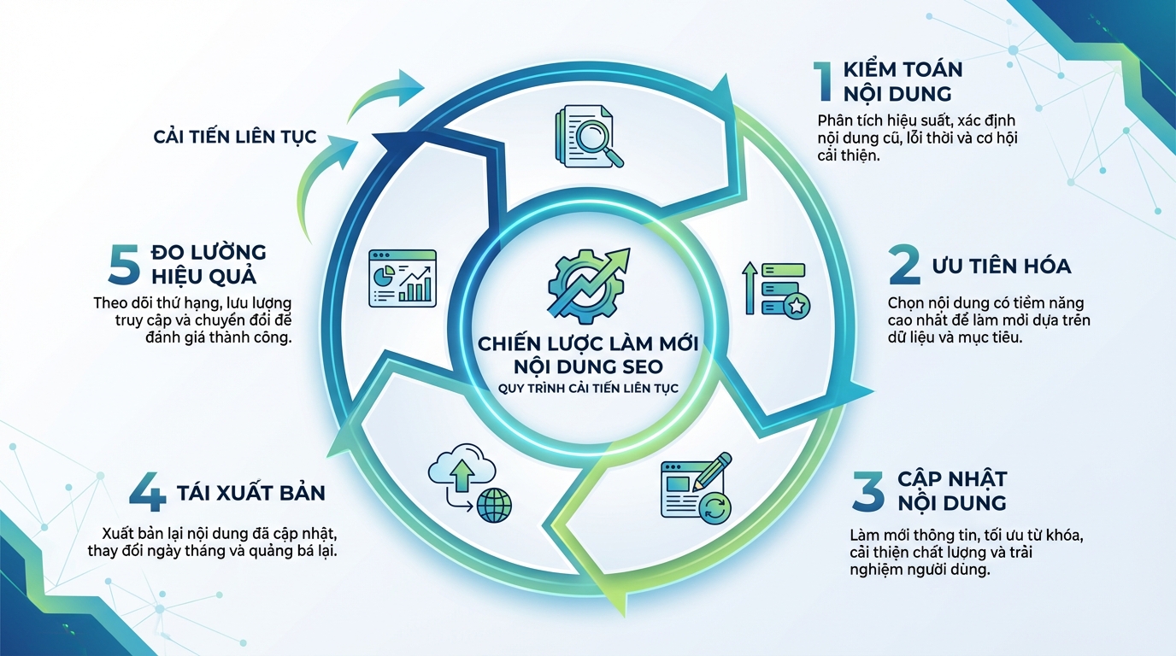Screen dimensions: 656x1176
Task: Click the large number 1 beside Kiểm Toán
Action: [824, 81]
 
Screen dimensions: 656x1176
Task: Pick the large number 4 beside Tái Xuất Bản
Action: [147, 494]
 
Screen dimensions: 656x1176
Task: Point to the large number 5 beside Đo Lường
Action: [125, 264]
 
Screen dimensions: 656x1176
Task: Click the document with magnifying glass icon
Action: [587, 135]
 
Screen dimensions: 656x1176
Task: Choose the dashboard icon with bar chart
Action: [402, 278]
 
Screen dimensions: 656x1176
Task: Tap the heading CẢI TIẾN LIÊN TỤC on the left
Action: [235, 137]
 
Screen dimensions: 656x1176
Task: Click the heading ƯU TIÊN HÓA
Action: [1001, 266]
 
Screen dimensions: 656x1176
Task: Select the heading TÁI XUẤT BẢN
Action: [251, 494]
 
